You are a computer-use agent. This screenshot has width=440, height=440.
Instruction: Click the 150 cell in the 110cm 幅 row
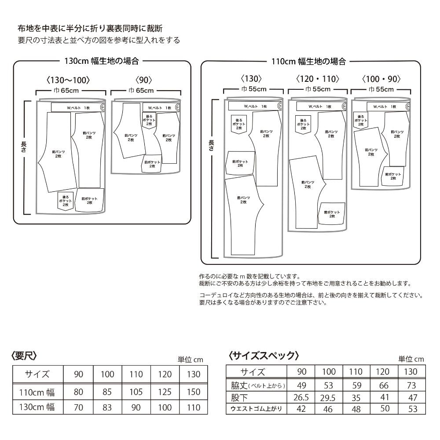tap(194, 391)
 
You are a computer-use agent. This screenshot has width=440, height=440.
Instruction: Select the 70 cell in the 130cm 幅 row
tap(78, 407)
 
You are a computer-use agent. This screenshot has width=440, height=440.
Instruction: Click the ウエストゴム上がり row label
tap(256, 409)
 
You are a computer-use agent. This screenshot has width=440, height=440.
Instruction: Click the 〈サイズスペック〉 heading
tap(264, 355)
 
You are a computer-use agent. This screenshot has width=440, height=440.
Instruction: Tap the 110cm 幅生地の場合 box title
tap(308, 61)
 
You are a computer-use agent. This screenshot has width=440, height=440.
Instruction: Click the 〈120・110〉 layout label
tap(317, 79)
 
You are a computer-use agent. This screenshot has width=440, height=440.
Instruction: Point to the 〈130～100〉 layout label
tap(68, 80)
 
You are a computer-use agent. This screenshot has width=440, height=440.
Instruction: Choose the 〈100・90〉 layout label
tap(381, 79)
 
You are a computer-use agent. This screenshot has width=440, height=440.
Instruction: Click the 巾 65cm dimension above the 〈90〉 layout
tap(141, 91)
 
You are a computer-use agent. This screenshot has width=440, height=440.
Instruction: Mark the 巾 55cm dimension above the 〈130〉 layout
tap(254, 89)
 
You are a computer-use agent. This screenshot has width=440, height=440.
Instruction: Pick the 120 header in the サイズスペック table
tap(382, 371)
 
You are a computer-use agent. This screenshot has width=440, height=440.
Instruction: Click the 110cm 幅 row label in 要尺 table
tap(37, 391)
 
